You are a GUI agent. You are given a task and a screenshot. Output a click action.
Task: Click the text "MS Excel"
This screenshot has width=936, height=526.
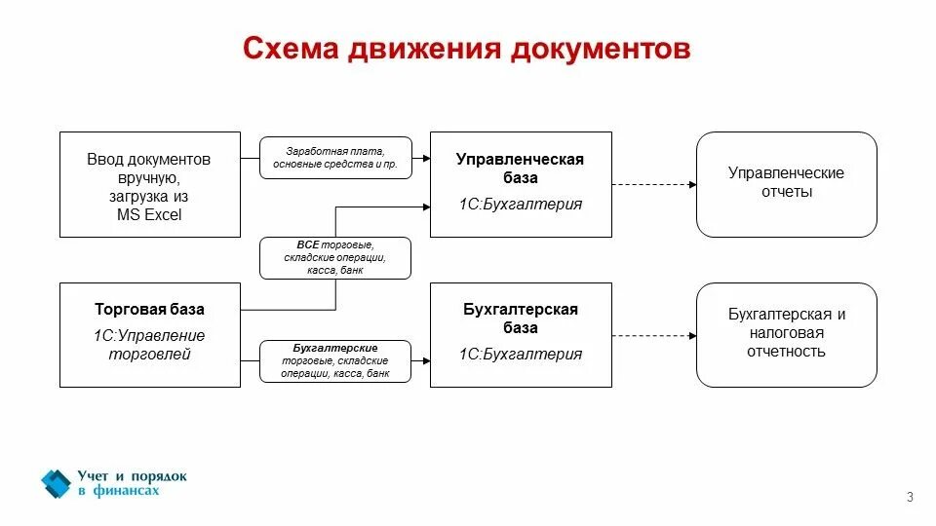[149, 215]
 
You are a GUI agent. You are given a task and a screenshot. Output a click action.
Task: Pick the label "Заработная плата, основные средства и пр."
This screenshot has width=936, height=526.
[335, 159]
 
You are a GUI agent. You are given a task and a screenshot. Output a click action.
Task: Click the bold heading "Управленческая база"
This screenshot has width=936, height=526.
[521, 169]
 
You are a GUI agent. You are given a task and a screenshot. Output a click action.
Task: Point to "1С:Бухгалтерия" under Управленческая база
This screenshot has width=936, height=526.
[521, 205]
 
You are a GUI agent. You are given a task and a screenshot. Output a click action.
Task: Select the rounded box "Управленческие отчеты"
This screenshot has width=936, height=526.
[786, 183]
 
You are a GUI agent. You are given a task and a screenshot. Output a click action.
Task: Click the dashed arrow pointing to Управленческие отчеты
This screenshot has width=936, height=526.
[653, 184]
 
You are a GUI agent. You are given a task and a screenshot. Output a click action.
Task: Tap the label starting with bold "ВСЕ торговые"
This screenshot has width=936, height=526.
[335, 258]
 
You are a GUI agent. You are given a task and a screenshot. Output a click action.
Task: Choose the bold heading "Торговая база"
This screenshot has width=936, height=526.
[149, 310]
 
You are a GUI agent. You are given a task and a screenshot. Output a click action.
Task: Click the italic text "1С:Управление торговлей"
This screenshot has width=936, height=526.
[149, 345]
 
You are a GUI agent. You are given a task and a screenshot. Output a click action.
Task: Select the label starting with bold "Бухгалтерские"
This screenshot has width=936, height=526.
[335, 360]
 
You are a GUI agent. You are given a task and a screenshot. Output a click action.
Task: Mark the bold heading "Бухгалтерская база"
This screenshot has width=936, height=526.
[521, 319]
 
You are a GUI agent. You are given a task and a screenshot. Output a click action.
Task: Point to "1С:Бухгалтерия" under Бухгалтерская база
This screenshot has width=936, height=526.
[521, 355]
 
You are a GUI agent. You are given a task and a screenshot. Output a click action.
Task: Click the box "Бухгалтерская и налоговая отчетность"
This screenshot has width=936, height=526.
[786, 333]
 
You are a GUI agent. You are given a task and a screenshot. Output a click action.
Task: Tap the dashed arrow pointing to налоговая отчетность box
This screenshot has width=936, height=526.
[653, 334]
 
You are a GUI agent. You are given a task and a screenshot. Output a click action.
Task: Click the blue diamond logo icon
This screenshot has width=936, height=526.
[56, 483]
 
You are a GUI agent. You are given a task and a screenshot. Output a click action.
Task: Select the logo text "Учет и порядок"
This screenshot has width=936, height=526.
[132, 476]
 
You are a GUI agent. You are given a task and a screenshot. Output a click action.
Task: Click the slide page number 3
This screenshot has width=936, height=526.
[910, 499]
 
